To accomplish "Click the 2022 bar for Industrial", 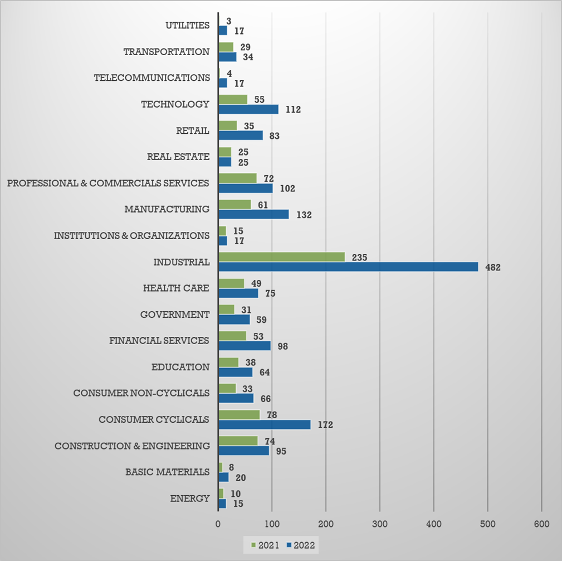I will pos(348,267).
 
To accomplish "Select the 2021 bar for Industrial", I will pos(281,257).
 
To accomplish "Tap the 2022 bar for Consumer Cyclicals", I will pos(264,425).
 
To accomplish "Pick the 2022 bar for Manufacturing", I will pos(253,215).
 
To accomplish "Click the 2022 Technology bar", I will pos(248,109).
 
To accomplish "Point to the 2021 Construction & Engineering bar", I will pos(238,441).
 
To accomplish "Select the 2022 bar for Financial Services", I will pos(245,346).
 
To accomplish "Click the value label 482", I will pos(493,267).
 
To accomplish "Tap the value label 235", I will pos(359,257).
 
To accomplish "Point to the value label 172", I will pos(325,425).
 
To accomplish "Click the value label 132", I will pos(303,215).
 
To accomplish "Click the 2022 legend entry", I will pos(301,545).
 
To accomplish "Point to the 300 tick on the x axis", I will pos(380,524).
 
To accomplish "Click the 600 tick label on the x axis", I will pos(541,524).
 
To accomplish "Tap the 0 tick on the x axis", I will pos(218,524).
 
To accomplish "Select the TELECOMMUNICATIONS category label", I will pos(152,78).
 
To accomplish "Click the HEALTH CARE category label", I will pos(176,288).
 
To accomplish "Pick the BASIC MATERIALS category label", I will pos(167,472).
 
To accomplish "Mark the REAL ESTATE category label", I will pos(178,157).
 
